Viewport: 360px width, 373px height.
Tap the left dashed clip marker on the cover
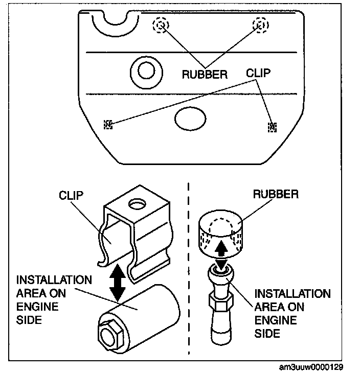pyautogui.click(x=108, y=124)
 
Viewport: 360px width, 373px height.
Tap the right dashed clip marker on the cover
pyautogui.click(x=272, y=127)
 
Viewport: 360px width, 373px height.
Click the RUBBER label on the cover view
pyautogui.click(x=205, y=75)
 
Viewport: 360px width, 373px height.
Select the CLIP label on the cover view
pyautogui.click(x=258, y=73)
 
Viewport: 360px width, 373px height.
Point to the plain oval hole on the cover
pyautogui.click(x=190, y=119)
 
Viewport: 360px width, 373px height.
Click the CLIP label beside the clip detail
pyautogui.click(x=71, y=195)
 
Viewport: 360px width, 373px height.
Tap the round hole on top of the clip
pyautogui.click(x=137, y=204)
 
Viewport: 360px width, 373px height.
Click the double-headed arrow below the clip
pyautogui.click(x=118, y=283)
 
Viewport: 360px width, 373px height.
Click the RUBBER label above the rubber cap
pyautogui.click(x=276, y=194)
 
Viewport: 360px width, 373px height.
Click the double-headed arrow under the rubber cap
pyautogui.click(x=221, y=255)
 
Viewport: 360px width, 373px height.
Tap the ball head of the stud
pyautogui.click(x=221, y=273)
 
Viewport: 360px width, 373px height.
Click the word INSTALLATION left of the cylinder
pyautogui.click(x=54, y=280)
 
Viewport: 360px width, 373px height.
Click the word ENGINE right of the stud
pyautogui.click(x=276, y=320)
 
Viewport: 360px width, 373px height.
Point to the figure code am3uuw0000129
pyautogui.click(x=311, y=367)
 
